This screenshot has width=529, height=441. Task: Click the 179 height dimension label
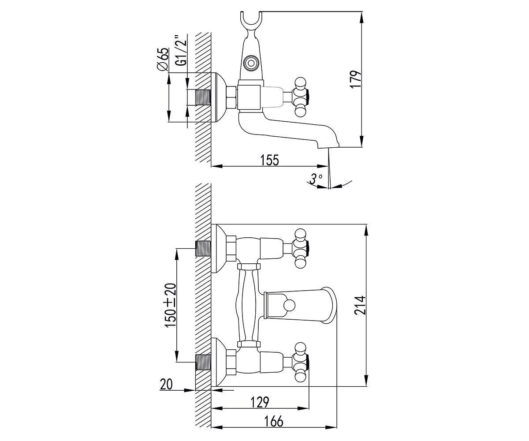click(x=356, y=79)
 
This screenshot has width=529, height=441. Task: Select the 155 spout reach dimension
click(x=269, y=160)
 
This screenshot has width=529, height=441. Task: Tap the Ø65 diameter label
click(x=162, y=59)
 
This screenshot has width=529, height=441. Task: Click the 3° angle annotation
click(x=315, y=179)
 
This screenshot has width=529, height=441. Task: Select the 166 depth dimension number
click(x=274, y=422)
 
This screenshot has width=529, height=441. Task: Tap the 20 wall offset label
click(x=166, y=385)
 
